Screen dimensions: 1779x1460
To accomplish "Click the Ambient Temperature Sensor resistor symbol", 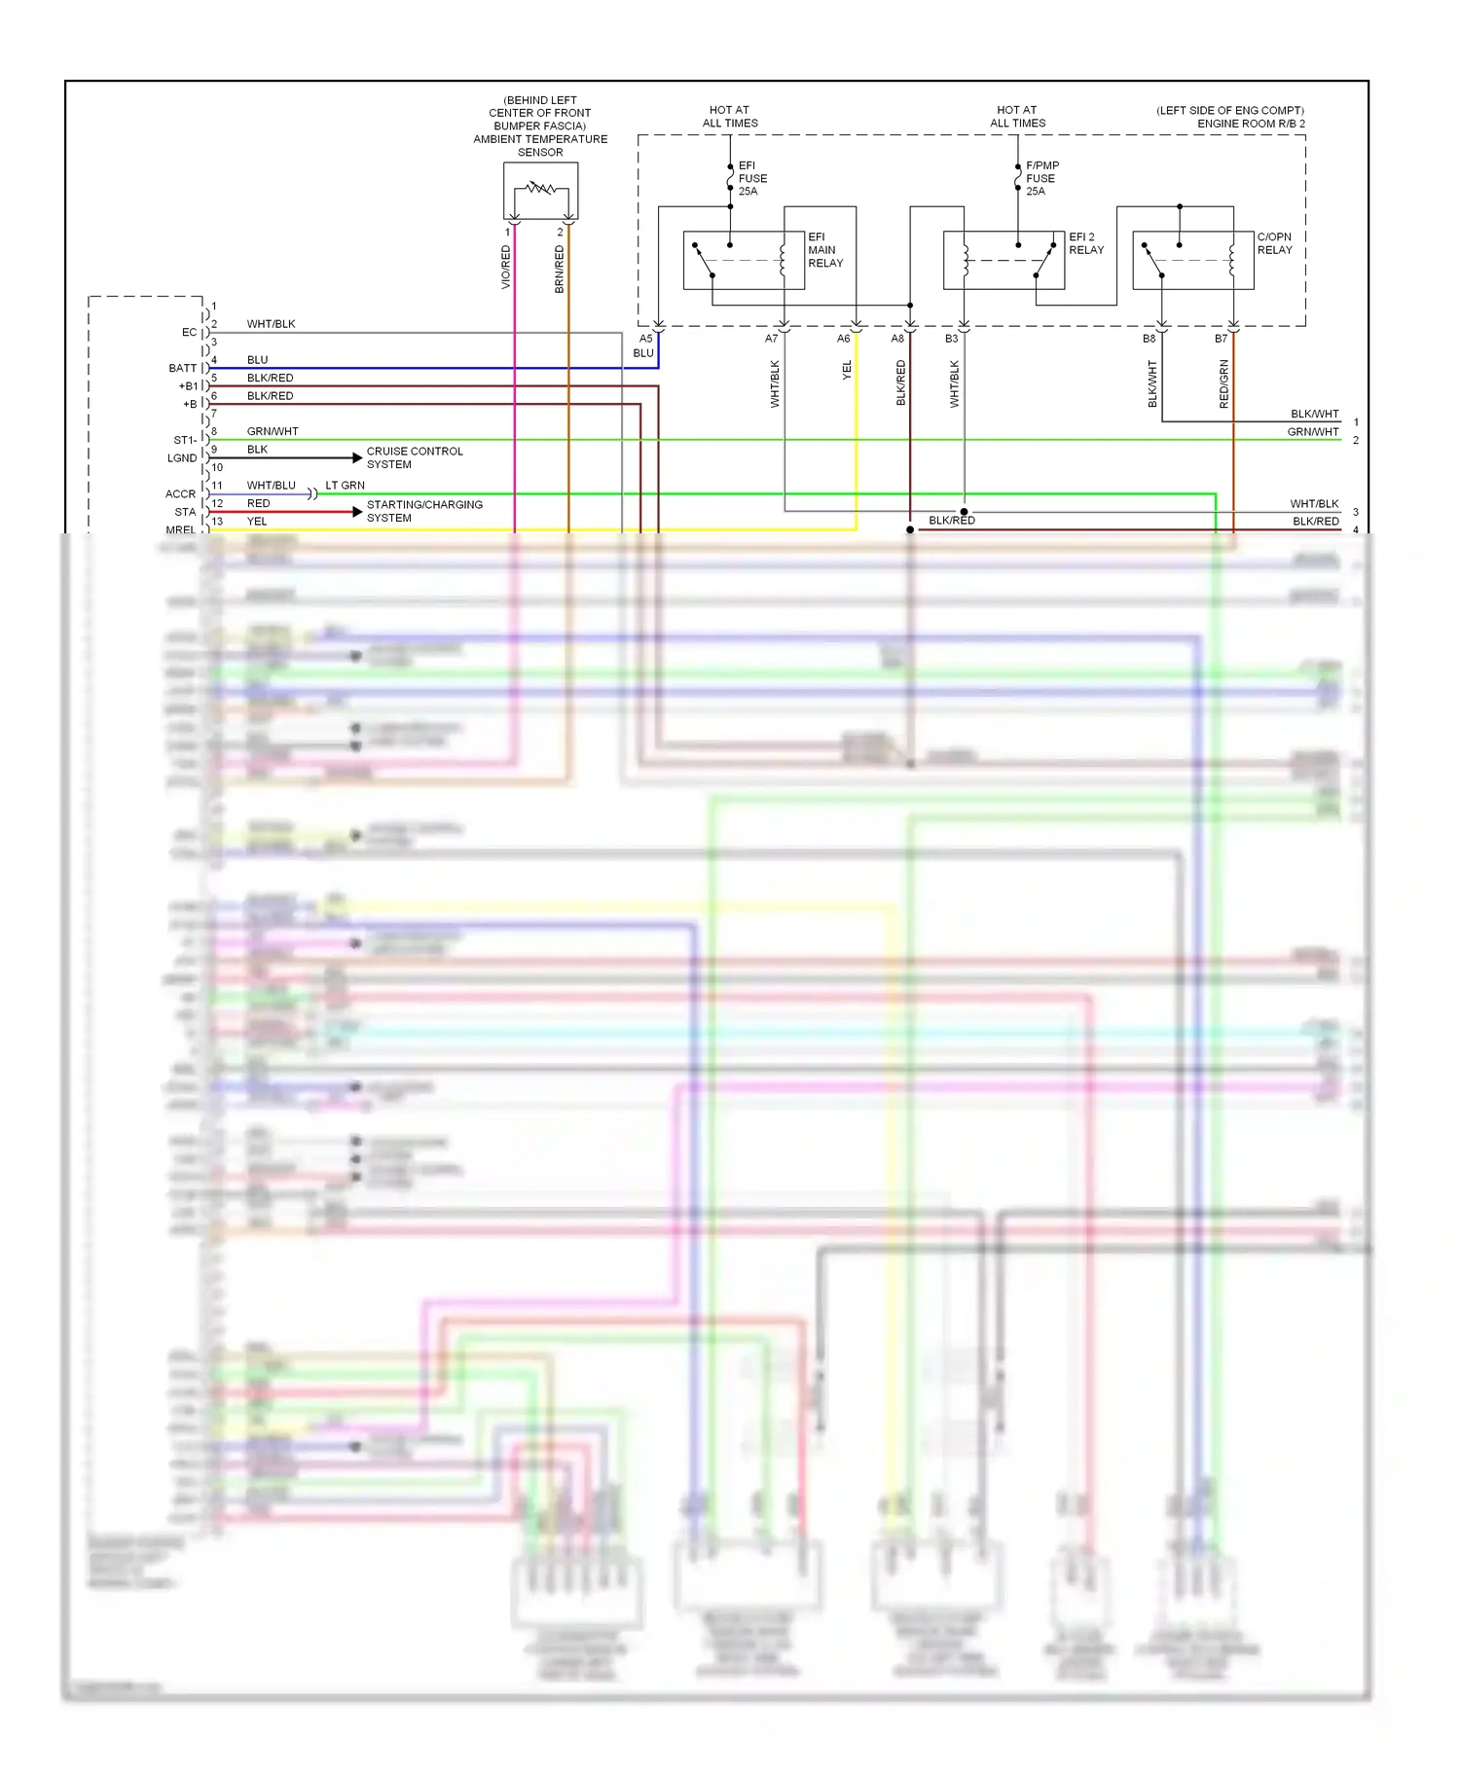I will (540, 188).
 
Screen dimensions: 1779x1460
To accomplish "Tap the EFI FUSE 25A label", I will (752, 179).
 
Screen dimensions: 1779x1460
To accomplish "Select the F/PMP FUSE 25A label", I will (1041, 179).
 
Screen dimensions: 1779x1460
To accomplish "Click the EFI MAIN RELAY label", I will (824, 250).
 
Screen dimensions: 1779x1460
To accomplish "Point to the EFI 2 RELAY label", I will (1085, 243).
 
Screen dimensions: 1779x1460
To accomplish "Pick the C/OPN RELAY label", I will (1274, 243).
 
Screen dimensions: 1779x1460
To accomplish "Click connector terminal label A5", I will (645, 339).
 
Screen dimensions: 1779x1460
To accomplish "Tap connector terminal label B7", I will (1221, 339).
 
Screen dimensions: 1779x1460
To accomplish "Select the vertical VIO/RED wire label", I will (506, 267).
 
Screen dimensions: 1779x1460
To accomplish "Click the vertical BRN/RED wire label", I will (560, 270).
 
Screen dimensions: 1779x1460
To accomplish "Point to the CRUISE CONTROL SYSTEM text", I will (415, 457).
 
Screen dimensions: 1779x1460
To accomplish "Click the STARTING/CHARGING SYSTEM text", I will (424, 511).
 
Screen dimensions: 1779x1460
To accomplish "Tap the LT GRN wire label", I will (345, 486).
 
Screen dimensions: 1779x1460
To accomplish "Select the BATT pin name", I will (182, 369).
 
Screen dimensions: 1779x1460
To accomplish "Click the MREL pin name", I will (180, 529).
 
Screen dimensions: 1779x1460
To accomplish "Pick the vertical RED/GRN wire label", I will (1224, 383).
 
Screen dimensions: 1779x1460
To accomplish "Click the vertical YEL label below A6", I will (847, 370).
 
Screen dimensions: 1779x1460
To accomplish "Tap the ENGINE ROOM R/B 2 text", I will (1251, 124).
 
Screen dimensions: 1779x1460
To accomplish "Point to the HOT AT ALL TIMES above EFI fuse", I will (730, 117).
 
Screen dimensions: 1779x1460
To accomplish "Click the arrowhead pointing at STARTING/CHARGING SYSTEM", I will (357, 512).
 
